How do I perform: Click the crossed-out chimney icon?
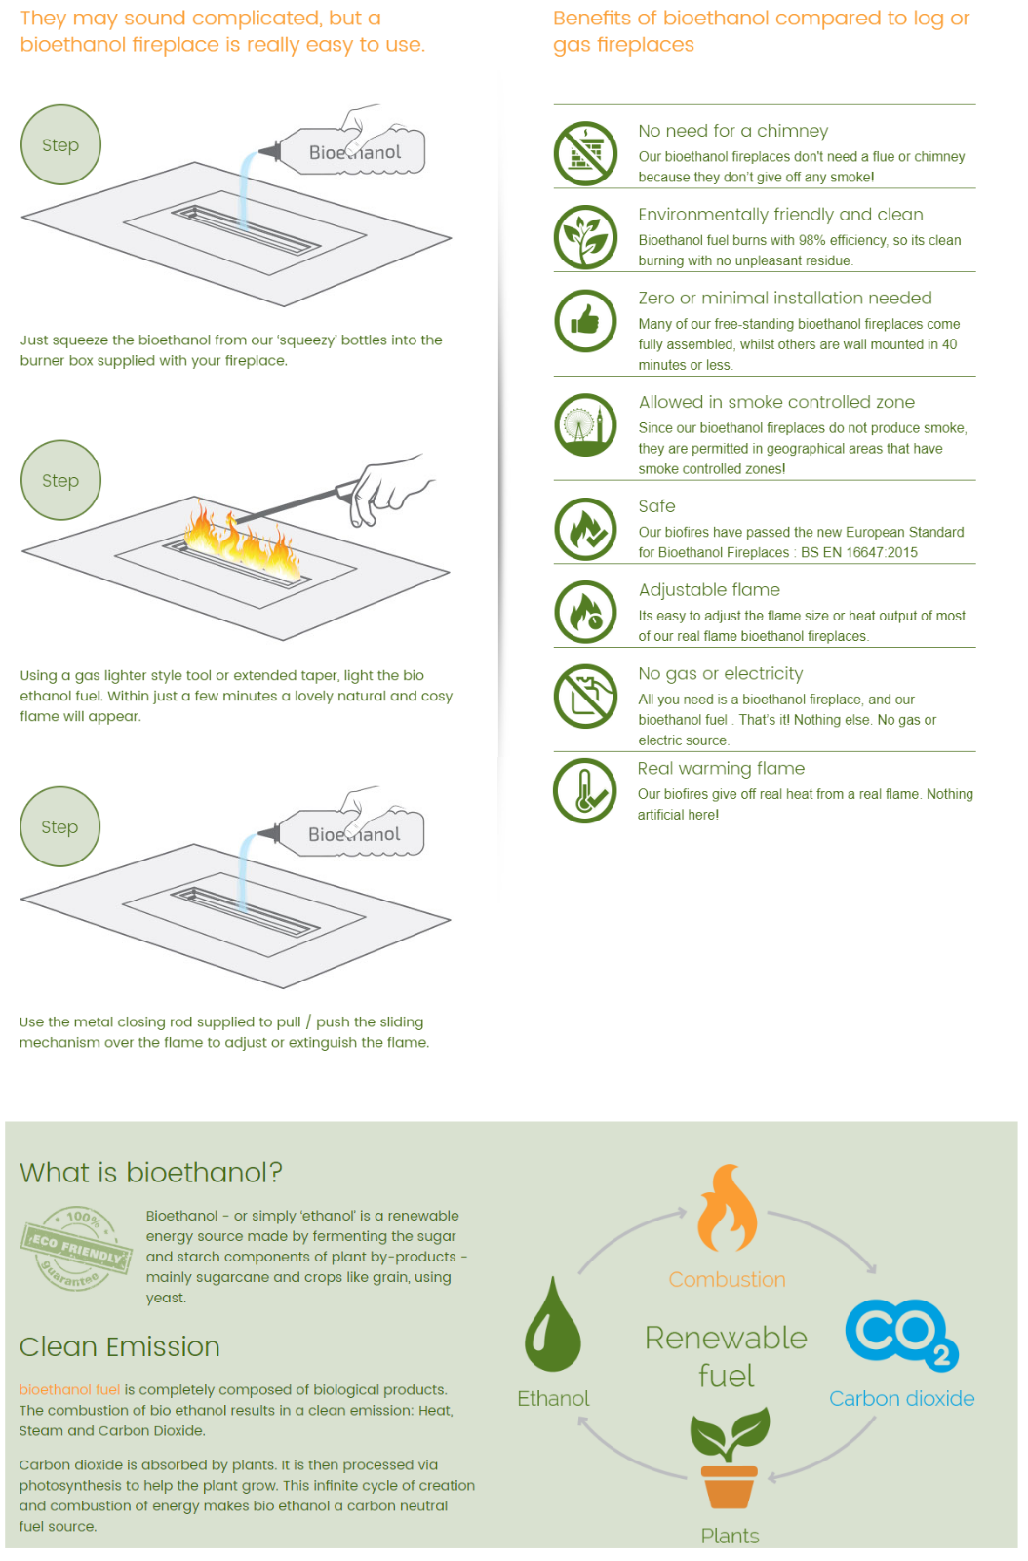(585, 153)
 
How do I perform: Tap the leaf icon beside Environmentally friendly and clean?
(585, 237)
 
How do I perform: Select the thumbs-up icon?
(585, 321)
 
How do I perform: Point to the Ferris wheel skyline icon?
(585, 424)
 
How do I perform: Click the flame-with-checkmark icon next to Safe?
(585, 529)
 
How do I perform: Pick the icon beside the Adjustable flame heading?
(585, 612)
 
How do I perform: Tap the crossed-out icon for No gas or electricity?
(585, 696)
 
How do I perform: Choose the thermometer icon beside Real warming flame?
(584, 791)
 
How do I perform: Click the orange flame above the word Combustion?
(728, 1208)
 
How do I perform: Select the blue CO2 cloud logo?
(902, 1336)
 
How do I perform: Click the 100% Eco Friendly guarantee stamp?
(75, 1248)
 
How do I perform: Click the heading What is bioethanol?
(150, 1173)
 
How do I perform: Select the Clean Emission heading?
(119, 1347)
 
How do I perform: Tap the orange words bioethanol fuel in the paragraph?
(69, 1389)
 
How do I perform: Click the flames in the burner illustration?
(243, 542)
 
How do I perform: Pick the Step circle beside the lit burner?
(60, 480)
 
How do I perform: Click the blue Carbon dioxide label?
(901, 1399)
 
